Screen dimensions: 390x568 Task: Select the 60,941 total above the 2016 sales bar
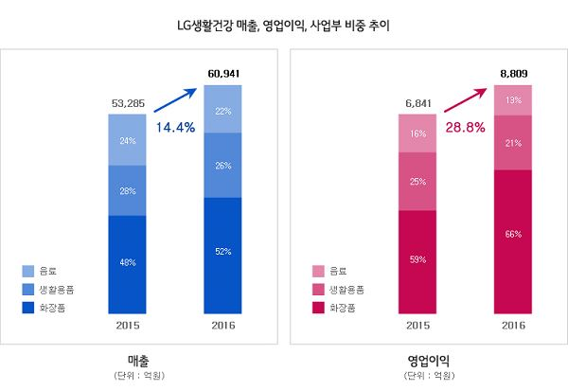[223, 73]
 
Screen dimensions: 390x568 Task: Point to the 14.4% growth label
[176, 126]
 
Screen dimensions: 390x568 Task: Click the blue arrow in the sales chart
[176, 101]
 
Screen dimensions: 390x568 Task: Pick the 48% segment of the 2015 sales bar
[127, 264]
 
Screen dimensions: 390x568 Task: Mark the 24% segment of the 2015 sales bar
[127, 140]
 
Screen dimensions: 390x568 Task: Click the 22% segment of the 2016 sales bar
[223, 110]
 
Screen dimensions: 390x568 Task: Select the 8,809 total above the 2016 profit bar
[512, 73]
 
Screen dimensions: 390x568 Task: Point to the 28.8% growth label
[465, 126]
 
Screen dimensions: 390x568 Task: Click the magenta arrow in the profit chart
[465, 101]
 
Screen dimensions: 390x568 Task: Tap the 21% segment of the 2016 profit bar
[512, 143]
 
